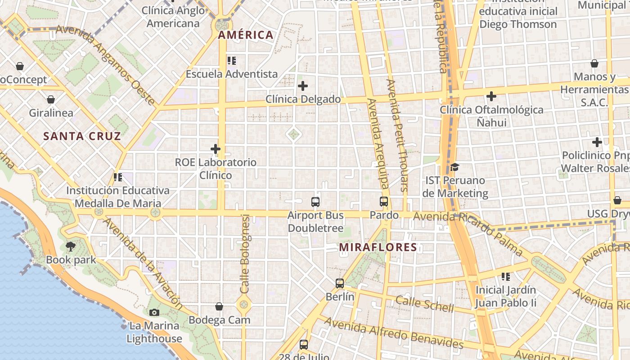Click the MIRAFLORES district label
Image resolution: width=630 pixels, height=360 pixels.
pyautogui.click(x=378, y=247)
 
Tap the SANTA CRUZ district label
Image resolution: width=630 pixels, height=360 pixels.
pyautogui.click(x=82, y=136)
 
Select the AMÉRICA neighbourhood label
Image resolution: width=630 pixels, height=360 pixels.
pyautogui.click(x=246, y=35)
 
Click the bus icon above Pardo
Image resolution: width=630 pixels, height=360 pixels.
pyautogui.click(x=384, y=202)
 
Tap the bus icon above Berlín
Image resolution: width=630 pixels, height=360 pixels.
pyautogui.click(x=340, y=283)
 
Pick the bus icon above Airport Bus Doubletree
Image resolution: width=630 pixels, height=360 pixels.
pyautogui.click(x=315, y=202)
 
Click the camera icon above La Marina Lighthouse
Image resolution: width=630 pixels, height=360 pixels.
pyautogui.click(x=154, y=312)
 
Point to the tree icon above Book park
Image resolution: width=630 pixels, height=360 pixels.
pyautogui.click(x=71, y=246)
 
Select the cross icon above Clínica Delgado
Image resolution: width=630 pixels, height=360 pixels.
pyautogui.click(x=303, y=85)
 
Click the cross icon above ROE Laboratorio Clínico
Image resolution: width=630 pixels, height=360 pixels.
pyautogui.click(x=216, y=148)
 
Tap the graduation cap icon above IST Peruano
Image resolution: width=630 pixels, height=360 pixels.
pyautogui.click(x=454, y=167)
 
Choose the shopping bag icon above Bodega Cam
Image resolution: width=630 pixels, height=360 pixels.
pyautogui.click(x=219, y=306)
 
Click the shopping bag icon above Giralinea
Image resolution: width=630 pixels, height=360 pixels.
pyautogui.click(x=51, y=99)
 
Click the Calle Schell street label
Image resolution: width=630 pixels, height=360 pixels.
pyautogui.click(x=425, y=304)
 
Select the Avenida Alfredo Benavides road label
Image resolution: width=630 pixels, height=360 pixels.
pyautogui.click(x=394, y=333)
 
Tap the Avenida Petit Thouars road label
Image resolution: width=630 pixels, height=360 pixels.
pyautogui.click(x=397, y=135)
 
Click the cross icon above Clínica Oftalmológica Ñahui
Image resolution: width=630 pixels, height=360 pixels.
pyautogui.click(x=491, y=96)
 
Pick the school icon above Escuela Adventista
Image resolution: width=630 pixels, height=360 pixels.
pyautogui.click(x=232, y=60)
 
